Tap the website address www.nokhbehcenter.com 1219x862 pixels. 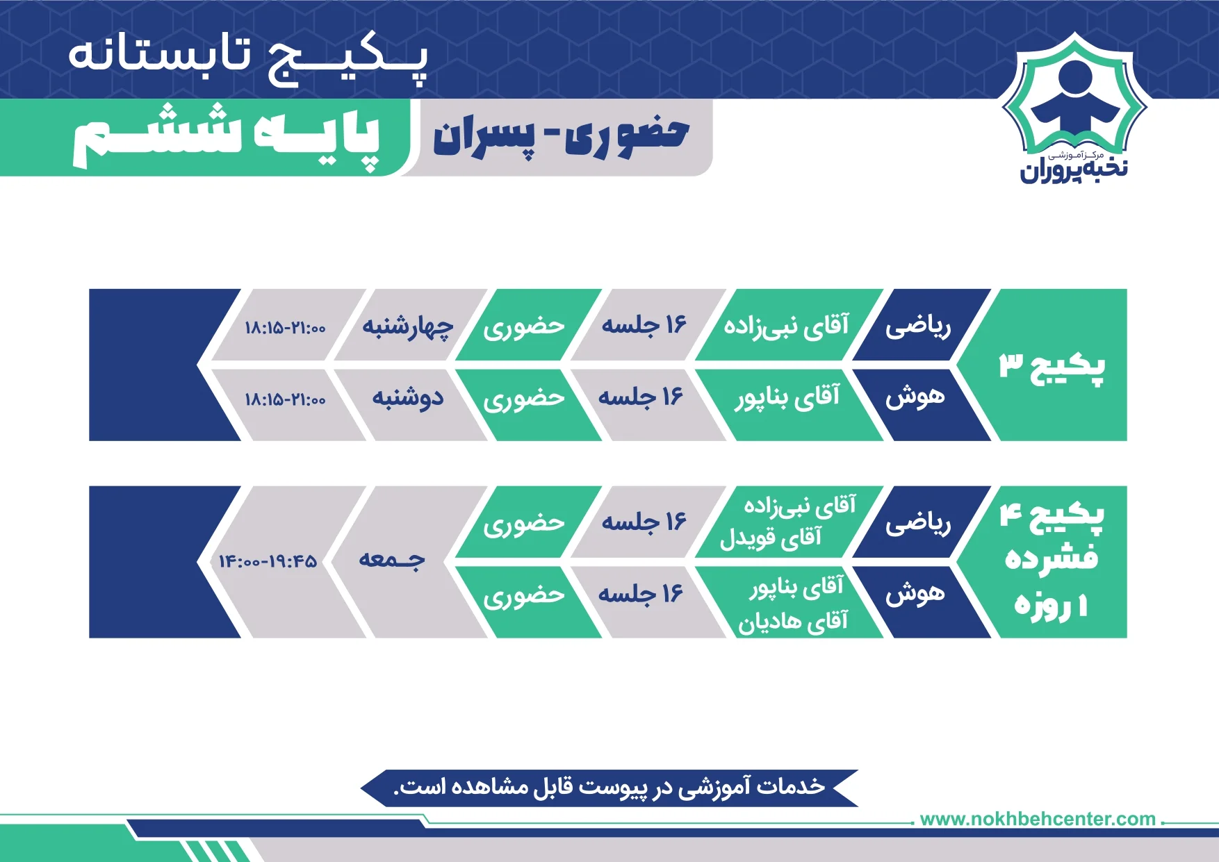click(x=1038, y=819)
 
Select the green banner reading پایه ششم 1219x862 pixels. click(x=227, y=137)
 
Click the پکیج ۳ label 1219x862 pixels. click(x=1052, y=365)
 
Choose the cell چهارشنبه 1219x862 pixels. click(x=408, y=325)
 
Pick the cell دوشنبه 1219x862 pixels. click(x=408, y=397)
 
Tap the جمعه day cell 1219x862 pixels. click(x=391, y=560)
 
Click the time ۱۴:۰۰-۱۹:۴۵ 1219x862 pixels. click(x=268, y=561)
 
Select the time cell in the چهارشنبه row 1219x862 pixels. click(x=285, y=327)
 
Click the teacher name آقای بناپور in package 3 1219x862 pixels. click(x=787, y=397)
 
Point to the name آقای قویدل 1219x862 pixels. click(x=771, y=537)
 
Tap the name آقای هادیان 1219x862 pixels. click(x=792, y=620)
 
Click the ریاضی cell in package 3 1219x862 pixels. click(x=918, y=326)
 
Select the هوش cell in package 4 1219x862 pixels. click(x=915, y=593)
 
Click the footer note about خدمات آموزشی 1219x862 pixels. click(x=609, y=787)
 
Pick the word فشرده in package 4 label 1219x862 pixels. click(x=1052, y=558)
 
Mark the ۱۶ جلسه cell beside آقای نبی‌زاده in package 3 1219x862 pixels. click(x=644, y=324)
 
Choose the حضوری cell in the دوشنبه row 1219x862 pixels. click(x=524, y=399)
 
